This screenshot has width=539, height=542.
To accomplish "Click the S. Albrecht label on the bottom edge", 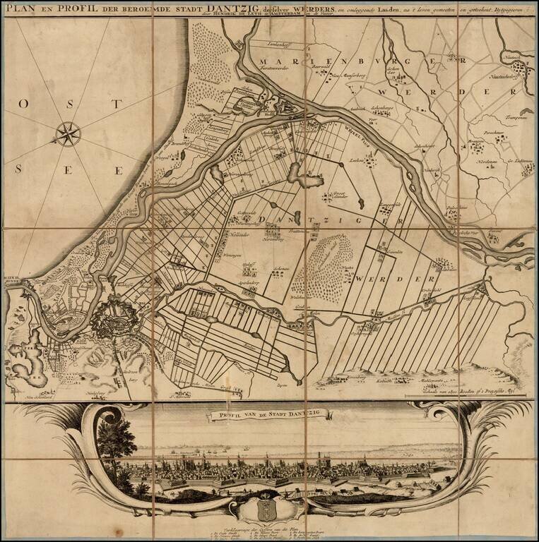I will click(x=180, y=397).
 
